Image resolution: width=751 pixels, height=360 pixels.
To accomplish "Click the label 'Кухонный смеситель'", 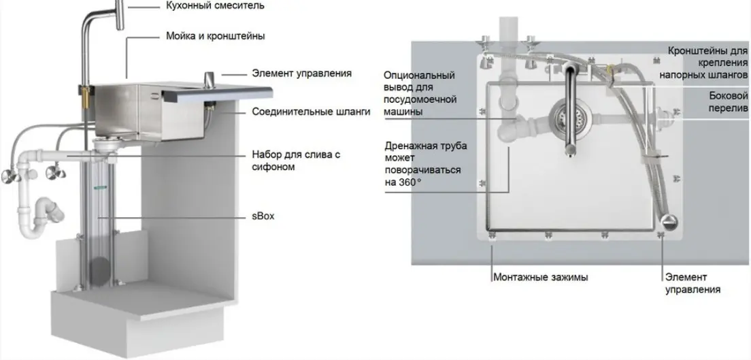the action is pos(214,5).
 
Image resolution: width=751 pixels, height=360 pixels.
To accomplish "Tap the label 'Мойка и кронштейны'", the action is pos(215,36).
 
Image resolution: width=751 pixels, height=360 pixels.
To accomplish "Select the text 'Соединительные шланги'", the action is pos(312,112).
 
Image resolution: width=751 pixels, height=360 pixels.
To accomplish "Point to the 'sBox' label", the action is pos(263,216).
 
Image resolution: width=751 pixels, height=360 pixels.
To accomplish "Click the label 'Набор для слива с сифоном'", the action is pos(297,161).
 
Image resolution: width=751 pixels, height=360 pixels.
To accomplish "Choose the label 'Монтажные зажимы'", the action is pos(541,278).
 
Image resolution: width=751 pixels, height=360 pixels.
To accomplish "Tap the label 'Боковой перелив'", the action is pos(729,102).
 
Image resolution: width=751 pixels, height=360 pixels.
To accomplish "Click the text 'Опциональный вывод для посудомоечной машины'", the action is pos(420,93).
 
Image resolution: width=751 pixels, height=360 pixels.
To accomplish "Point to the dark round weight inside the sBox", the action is pos(101,271).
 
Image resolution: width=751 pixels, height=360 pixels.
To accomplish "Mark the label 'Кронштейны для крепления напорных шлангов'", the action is pos(708,63).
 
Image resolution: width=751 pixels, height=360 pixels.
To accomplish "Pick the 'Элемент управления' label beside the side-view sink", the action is pos(302,73).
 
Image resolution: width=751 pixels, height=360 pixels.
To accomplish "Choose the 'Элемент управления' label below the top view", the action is pos(693,283).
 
